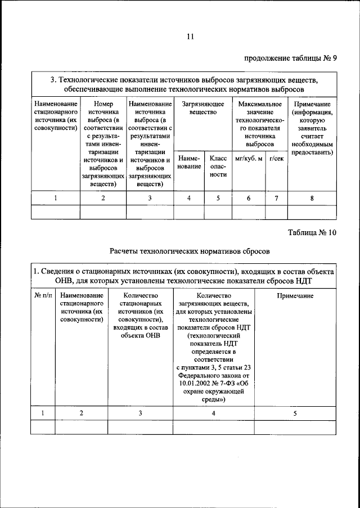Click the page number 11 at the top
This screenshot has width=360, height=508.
tap(190, 37)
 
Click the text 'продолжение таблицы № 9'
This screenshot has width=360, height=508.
tap(290, 58)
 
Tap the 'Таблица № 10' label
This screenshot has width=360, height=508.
tap(312, 233)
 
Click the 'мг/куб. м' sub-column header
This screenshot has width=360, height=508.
tap(249, 159)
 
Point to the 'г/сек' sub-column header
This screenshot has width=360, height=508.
tap(276, 159)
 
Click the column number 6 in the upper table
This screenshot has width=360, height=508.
tap(249, 198)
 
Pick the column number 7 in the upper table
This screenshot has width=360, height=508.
tap(276, 198)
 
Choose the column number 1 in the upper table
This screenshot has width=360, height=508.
tap(56, 198)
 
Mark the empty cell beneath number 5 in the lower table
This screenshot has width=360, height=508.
tap(295, 428)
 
